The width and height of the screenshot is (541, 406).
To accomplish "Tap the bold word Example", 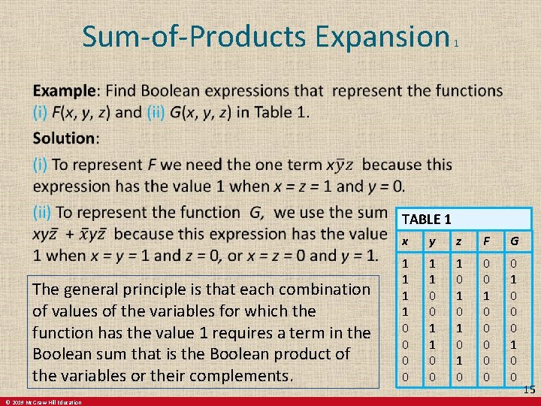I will [x=65, y=92].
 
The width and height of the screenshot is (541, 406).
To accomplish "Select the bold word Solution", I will [x=65, y=139].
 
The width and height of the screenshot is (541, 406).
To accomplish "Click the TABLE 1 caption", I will [x=426, y=220].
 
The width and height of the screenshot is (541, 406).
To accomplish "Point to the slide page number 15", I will [x=529, y=389].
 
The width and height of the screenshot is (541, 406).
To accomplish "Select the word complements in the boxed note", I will [x=244, y=375].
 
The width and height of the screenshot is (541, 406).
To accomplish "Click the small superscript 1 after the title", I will [x=456, y=44].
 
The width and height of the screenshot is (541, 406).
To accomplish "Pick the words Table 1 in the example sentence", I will [x=280, y=113].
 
